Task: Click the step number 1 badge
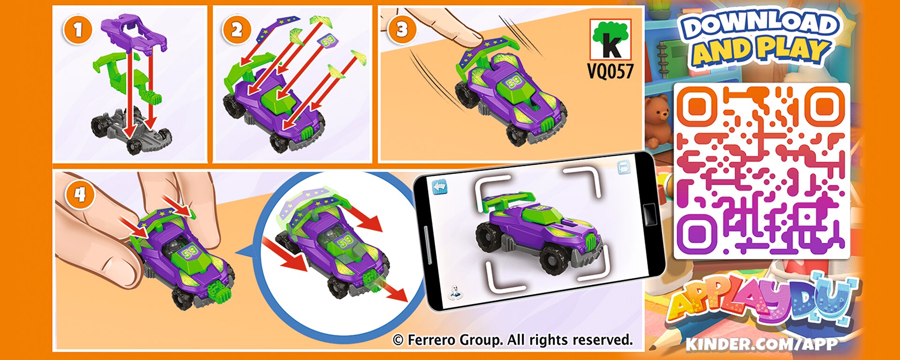(x=77, y=30)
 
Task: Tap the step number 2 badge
(x=236, y=30)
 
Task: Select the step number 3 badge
(x=402, y=30)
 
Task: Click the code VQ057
(x=610, y=71)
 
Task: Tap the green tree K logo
(x=610, y=39)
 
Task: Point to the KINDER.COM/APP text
(x=761, y=345)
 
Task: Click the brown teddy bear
(x=658, y=120)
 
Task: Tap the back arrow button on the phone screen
(x=439, y=187)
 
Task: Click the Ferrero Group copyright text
(x=513, y=340)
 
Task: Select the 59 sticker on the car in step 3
(x=514, y=82)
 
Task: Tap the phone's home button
(x=649, y=214)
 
